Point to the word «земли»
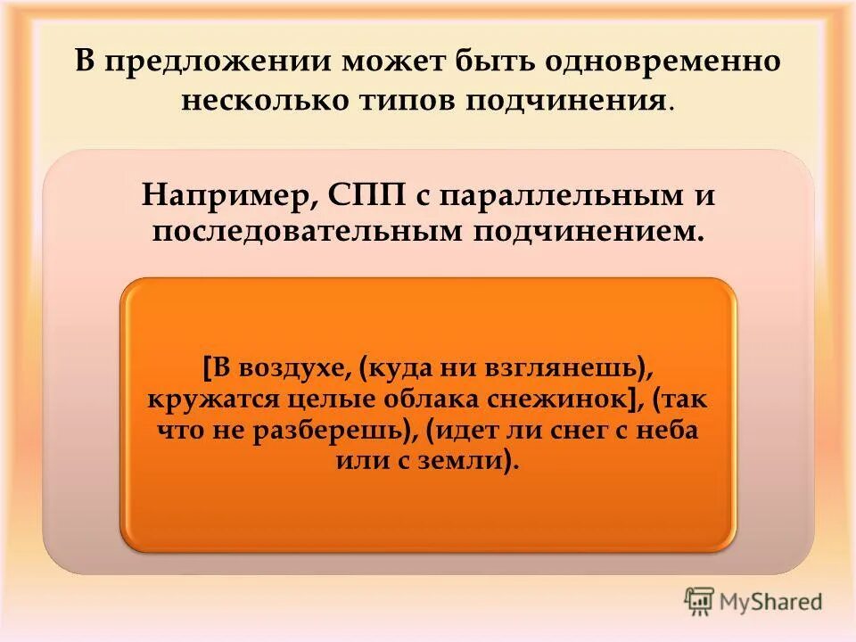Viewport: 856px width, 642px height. point(469,462)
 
